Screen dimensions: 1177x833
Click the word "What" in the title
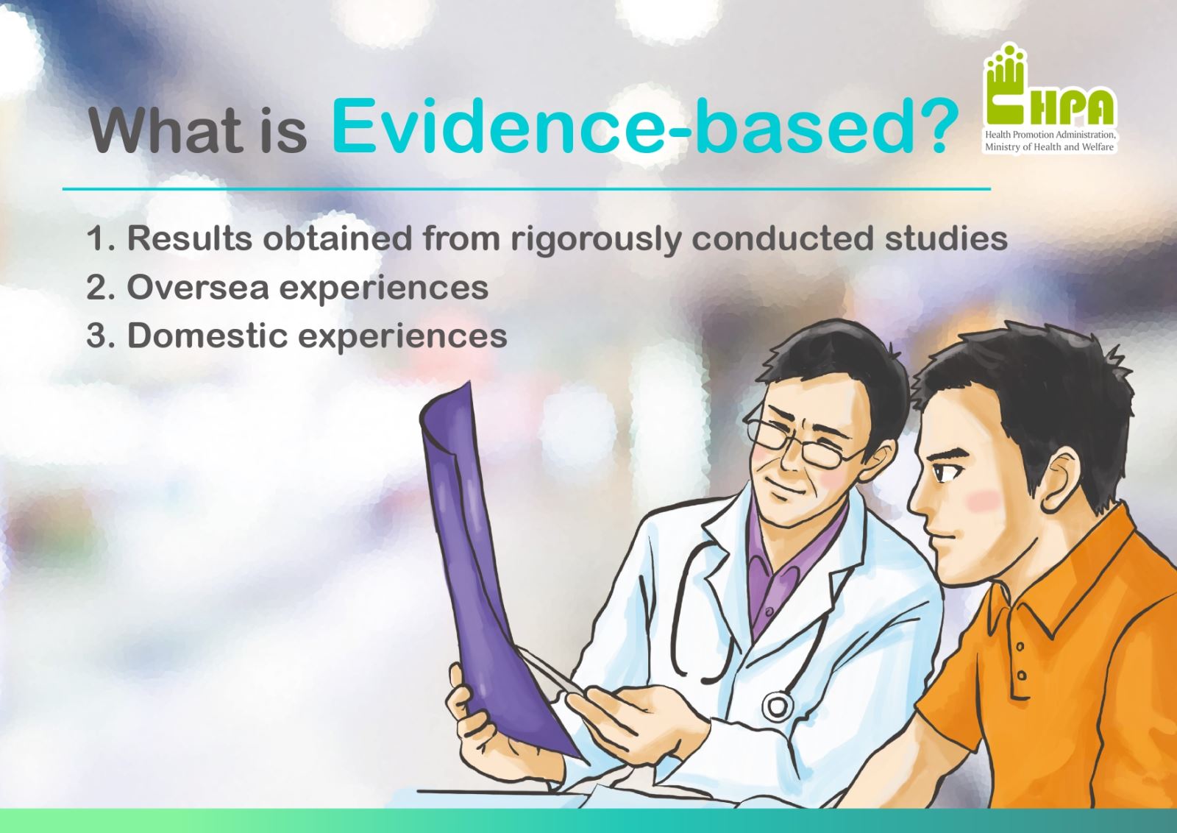(166, 130)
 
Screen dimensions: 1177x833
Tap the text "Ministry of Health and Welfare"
(1049, 147)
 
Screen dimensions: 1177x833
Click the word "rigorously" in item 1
(596, 240)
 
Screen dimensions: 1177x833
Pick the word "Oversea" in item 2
(198, 288)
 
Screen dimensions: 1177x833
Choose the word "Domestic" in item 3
(207, 336)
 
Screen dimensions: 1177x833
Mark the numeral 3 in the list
(98, 336)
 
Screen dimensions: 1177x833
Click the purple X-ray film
(493, 567)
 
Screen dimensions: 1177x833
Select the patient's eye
(942, 472)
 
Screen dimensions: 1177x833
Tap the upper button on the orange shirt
(1020, 647)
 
